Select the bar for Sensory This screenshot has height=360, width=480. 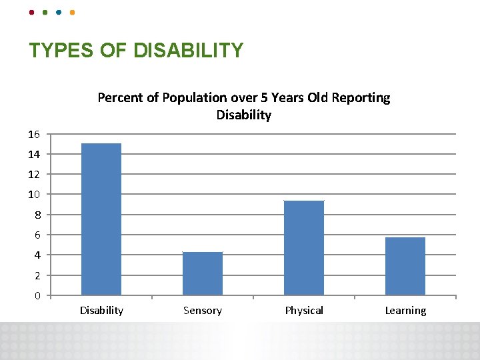pos(203,273)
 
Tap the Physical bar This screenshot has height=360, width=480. pos(304,247)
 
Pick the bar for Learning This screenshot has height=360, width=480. pos(405,266)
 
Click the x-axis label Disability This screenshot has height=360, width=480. pos(101,310)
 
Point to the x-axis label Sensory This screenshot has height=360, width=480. pos(203,310)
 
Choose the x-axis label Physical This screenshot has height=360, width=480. pos(304,310)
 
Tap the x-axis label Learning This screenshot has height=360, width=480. pos(405,310)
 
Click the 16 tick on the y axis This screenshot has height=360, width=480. pos(34,134)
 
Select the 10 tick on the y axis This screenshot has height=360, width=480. pos(34,195)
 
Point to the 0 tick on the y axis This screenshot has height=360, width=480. pos(37,295)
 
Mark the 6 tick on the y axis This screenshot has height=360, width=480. pos(37,235)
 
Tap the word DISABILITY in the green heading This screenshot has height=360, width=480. pos(189,51)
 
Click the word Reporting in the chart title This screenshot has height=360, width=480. pos(361,97)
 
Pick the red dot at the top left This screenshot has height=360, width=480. pos(32,12)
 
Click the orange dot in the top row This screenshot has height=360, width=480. pos(72,12)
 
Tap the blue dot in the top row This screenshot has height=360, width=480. pos(59,12)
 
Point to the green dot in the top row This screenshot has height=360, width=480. pos(45,12)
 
